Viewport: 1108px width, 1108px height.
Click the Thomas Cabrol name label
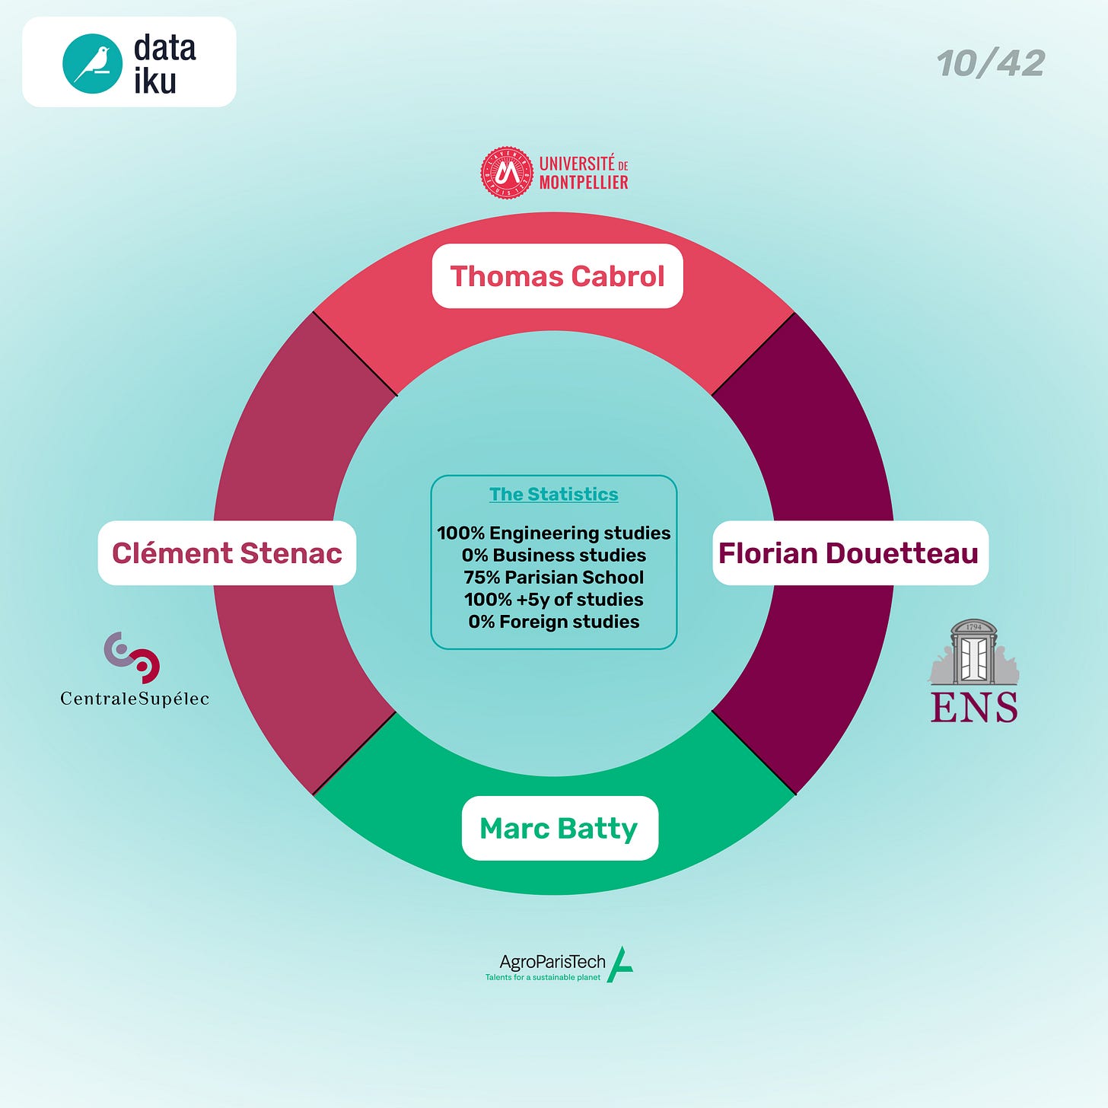click(557, 276)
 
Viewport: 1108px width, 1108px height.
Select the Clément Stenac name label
click(227, 553)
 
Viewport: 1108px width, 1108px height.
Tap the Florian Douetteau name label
click(849, 553)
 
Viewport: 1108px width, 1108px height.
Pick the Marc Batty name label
click(559, 828)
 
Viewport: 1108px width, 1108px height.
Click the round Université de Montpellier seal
click(507, 174)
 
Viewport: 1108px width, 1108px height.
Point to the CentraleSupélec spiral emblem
click(132, 657)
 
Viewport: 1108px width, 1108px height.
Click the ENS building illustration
click(973, 653)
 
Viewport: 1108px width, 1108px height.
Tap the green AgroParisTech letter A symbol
click(620, 965)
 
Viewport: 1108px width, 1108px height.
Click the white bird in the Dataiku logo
click(93, 63)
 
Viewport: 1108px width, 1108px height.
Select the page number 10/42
click(991, 63)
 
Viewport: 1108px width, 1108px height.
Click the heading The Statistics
click(553, 494)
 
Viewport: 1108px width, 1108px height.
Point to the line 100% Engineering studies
click(553, 533)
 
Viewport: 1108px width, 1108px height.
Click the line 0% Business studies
click(553, 555)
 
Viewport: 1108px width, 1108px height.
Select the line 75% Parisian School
click(553, 577)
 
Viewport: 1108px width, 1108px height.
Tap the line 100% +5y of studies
click(553, 599)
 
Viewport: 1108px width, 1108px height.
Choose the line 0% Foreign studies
click(553, 622)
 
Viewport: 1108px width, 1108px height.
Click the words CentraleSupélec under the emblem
click(135, 699)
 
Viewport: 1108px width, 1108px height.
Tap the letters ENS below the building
click(973, 707)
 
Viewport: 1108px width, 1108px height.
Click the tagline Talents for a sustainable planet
click(543, 977)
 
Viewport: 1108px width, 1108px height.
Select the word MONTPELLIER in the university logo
click(584, 183)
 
